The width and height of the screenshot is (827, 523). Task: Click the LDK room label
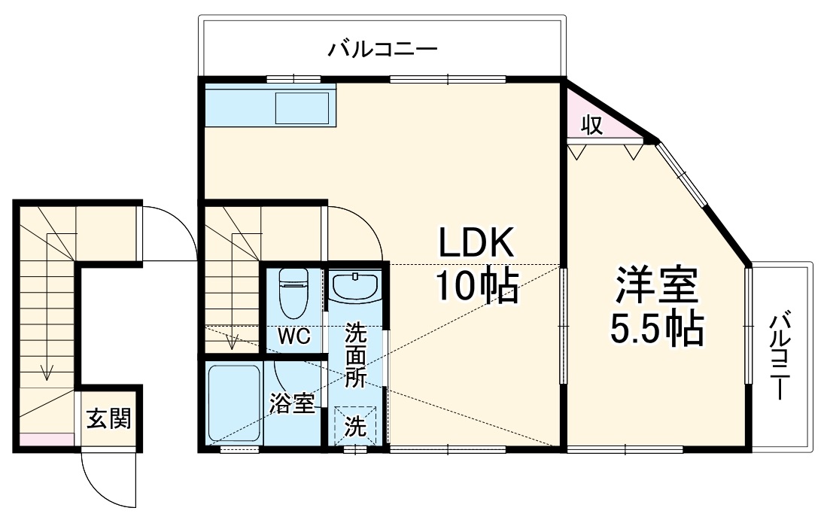coord(476,244)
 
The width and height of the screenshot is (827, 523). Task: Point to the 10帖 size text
coord(476,286)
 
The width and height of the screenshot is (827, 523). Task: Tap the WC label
coord(293,337)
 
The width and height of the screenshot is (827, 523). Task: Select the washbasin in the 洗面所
coord(354,287)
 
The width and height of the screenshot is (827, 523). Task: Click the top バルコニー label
coord(382,51)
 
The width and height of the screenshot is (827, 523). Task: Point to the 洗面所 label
coord(354,354)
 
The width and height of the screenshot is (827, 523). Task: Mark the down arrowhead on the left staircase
coord(48,372)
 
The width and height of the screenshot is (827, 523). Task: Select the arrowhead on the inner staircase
coord(233,342)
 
